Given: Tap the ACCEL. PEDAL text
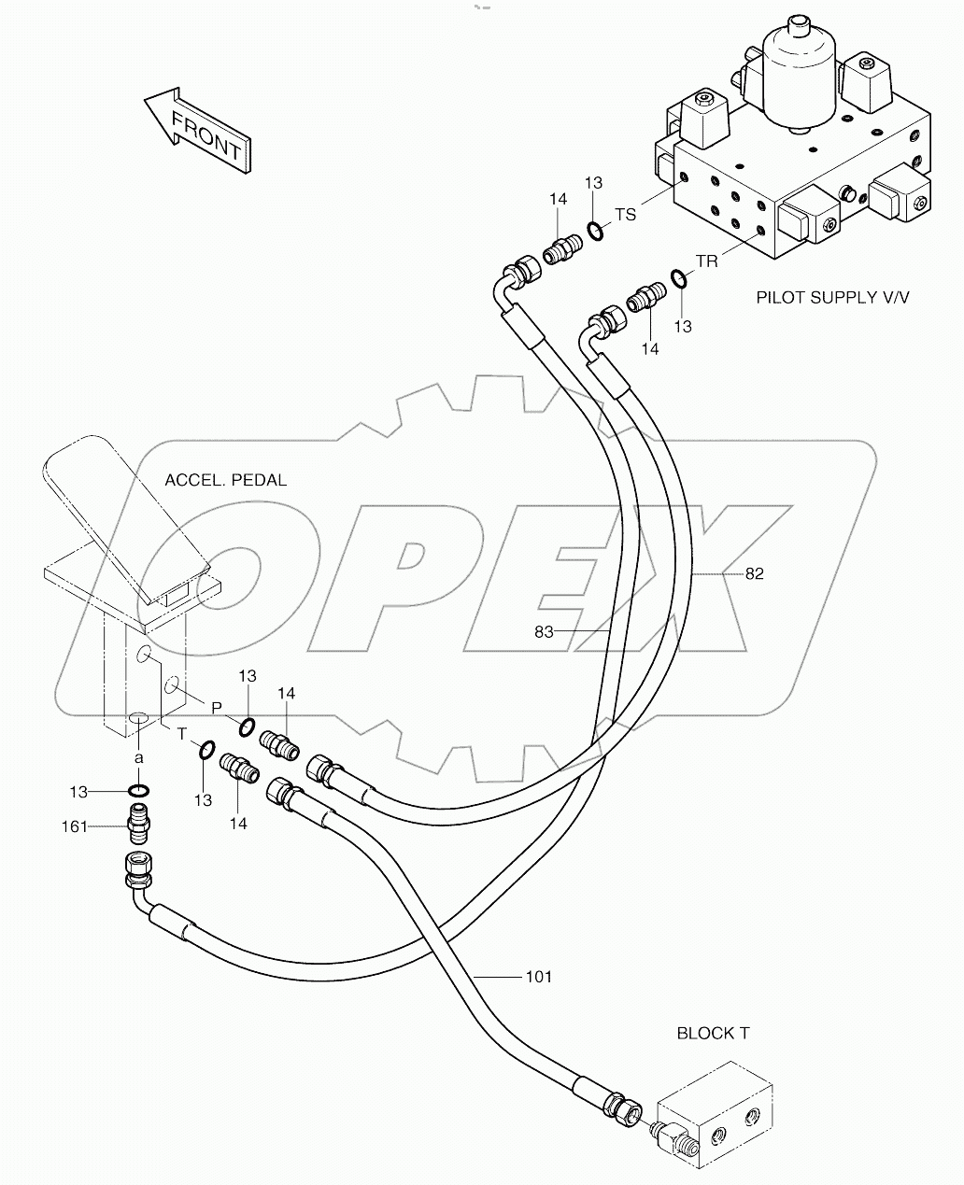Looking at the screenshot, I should pyautogui.click(x=225, y=480).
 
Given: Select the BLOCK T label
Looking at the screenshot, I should pyautogui.click(x=712, y=1033).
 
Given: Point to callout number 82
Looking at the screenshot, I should pyautogui.click(x=754, y=573).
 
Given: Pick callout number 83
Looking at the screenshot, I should pyautogui.click(x=545, y=632).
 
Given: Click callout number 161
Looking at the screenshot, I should pyautogui.click(x=76, y=825).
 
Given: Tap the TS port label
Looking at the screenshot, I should pyautogui.click(x=625, y=215).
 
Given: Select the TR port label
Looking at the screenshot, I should pyautogui.click(x=707, y=261).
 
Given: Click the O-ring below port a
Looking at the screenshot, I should pyautogui.click(x=139, y=792).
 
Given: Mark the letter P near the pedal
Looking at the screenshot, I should pyautogui.click(x=216, y=708).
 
